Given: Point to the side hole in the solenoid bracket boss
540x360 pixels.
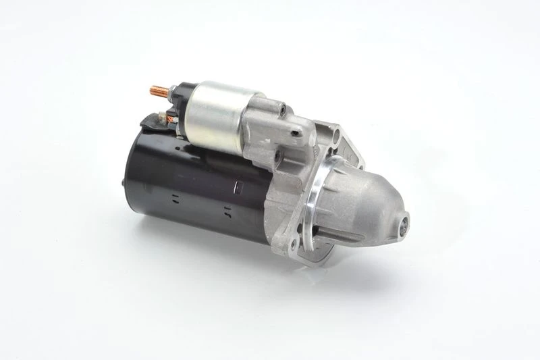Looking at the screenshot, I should (294, 133).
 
